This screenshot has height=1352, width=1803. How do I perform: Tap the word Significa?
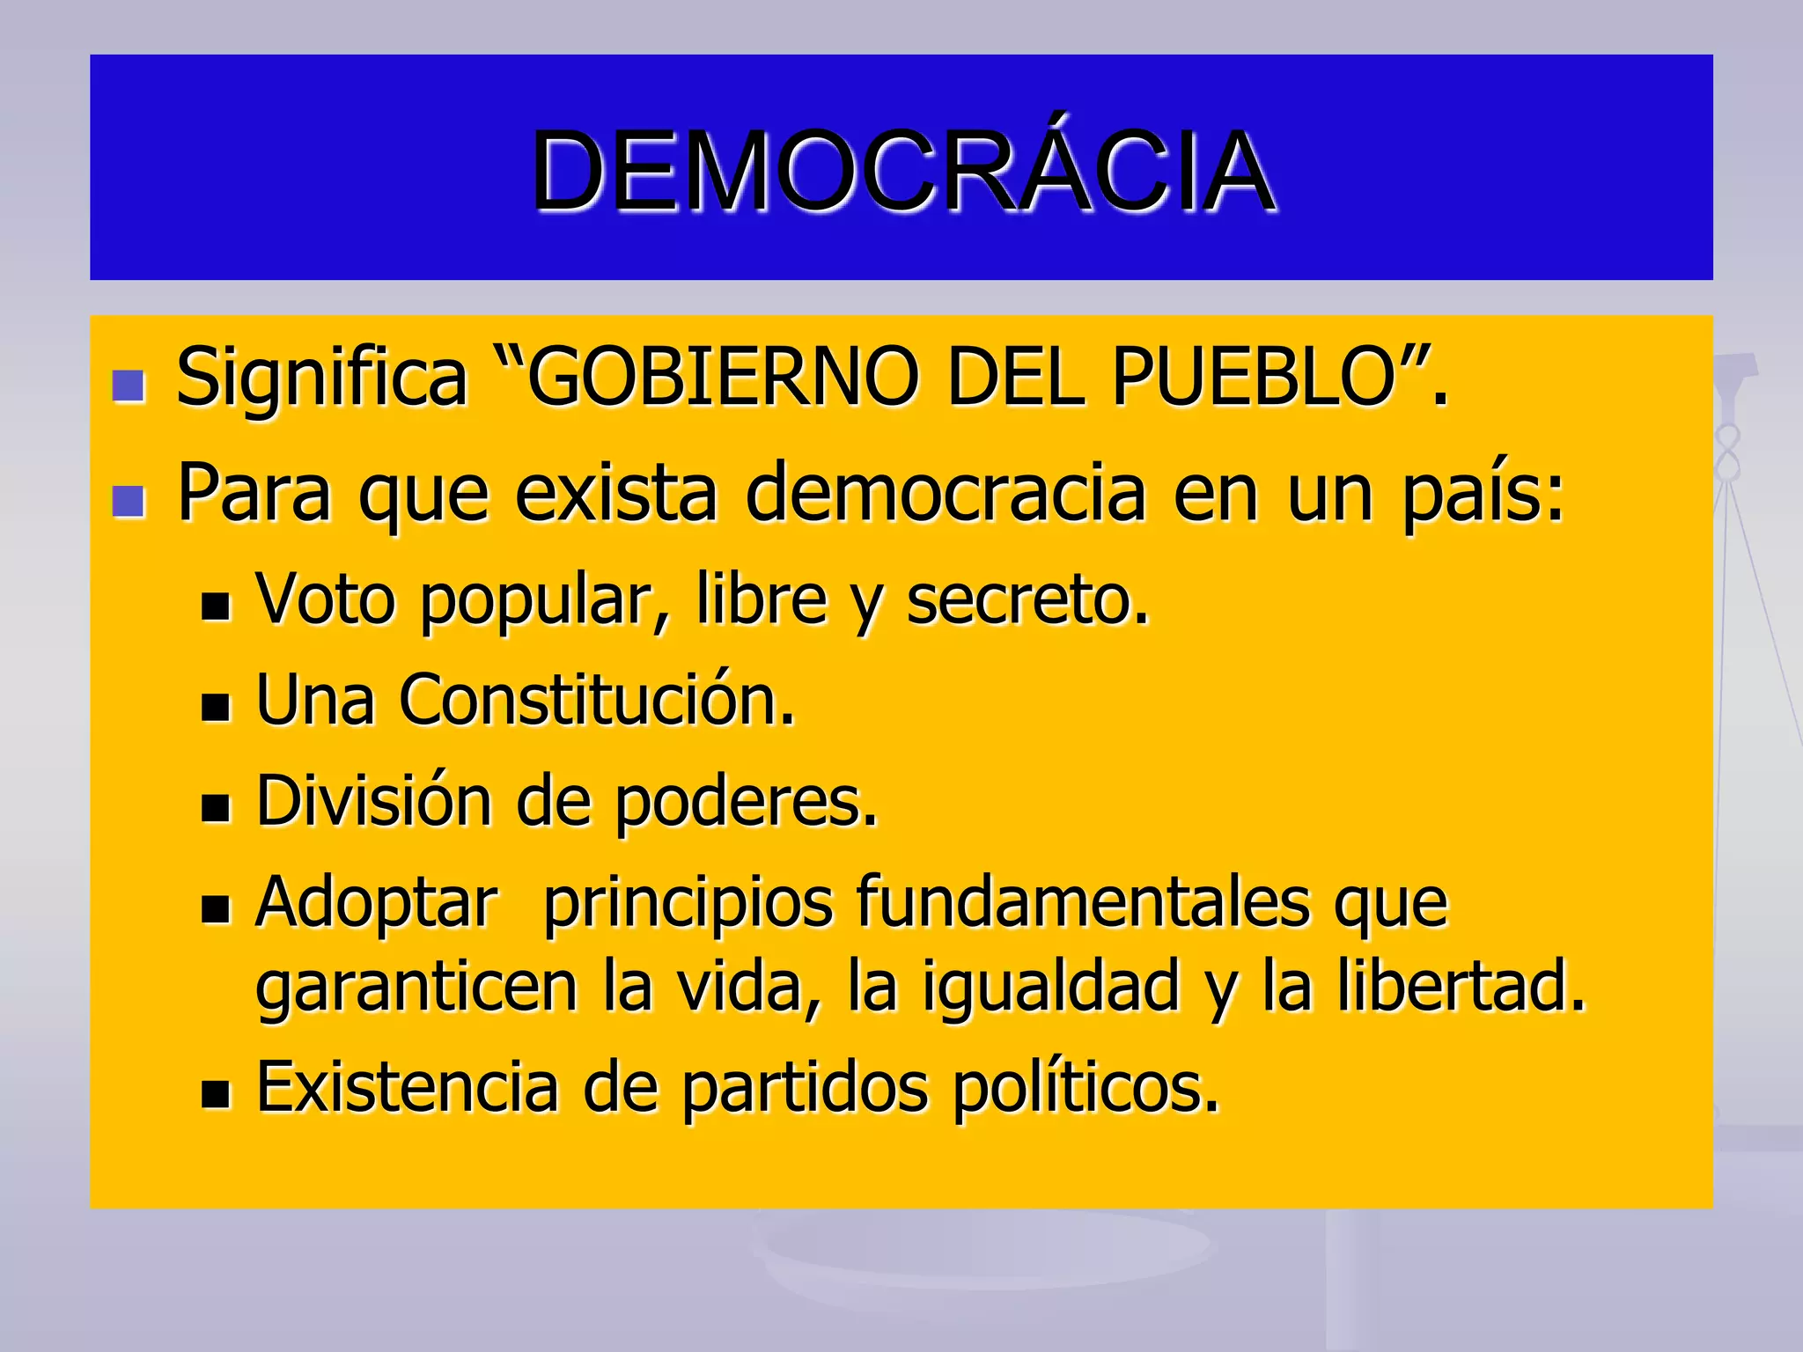(x=321, y=378)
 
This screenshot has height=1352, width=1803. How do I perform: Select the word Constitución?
(x=596, y=701)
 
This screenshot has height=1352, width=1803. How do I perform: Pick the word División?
(x=373, y=802)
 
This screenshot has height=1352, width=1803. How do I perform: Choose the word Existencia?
(x=407, y=1088)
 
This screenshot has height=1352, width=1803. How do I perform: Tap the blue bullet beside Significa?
(x=129, y=386)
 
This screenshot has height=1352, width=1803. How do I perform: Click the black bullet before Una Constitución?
(x=215, y=708)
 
